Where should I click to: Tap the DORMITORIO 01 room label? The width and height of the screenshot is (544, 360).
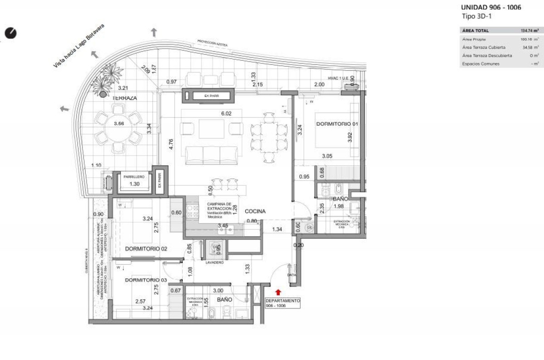334,124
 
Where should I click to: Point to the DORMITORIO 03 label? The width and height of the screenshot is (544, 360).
140,280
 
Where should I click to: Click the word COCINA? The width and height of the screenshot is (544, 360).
255,211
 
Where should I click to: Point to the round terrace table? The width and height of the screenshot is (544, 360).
118,128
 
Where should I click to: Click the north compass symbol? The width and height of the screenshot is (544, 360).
11,33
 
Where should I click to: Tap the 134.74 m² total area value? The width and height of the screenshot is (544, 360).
529,30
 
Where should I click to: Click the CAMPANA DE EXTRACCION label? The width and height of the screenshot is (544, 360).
219,206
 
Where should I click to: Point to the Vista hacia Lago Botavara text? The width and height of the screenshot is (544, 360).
78,50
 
